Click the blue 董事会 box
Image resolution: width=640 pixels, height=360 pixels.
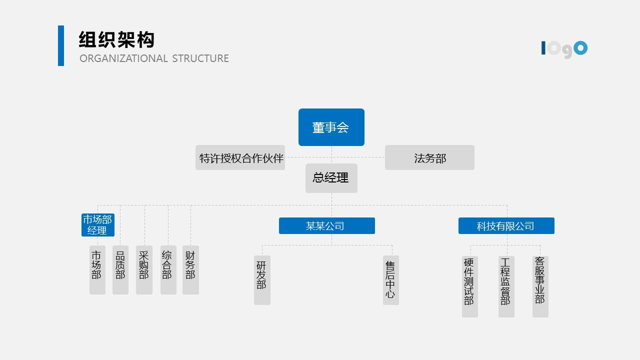pos(331,127)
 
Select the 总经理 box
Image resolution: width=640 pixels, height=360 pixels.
pos(331,178)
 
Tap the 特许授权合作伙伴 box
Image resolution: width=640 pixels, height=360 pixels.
pos(240,158)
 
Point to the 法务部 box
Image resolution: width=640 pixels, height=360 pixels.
pos(429,158)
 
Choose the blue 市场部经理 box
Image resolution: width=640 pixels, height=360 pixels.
pos(97,225)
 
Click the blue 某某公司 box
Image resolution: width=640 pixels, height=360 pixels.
pos(326,226)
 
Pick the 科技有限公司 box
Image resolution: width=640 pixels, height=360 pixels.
pos(506,226)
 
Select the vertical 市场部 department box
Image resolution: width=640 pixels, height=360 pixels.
pos(97,269)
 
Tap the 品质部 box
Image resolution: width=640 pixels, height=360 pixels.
pos(120,269)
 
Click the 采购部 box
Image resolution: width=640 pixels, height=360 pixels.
pos(144,269)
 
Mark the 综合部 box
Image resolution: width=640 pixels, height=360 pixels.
pos(168,269)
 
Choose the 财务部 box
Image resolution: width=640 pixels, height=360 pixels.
pos(190,269)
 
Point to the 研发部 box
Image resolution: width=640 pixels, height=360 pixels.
pos(262,280)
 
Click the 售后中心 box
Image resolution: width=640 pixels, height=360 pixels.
pos(390,280)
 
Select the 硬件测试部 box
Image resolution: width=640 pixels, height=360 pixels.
pos(469,286)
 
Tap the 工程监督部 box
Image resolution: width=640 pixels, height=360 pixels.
pos(506,286)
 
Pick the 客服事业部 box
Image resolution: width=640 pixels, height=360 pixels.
pos(540,286)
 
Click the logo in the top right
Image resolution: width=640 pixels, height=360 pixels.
pos(564,49)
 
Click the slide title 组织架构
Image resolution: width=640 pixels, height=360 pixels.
pos(116,40)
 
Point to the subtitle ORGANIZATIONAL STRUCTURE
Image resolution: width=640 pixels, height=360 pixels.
pos(154,58)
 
